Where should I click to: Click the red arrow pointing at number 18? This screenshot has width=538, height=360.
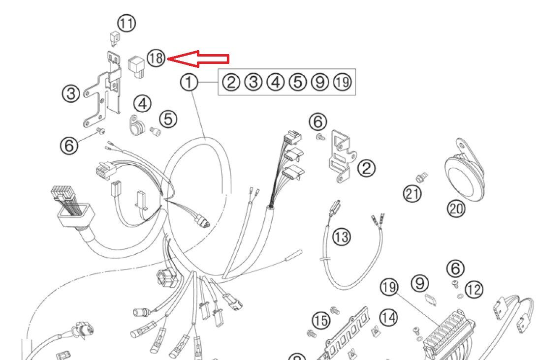click(x=199, y=59)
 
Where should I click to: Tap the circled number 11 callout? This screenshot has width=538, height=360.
click(x=127, y=24)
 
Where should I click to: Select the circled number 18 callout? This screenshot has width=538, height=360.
click(x=156, y=59)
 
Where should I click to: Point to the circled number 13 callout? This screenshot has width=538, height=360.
click(x=342, y=237)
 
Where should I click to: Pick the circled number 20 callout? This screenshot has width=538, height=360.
click(x=455, y=209)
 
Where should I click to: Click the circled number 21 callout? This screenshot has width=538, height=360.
click(x=412, y=193)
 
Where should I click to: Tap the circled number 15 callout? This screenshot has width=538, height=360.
click(x=321, y=321)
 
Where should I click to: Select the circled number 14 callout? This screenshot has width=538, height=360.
click(x=389, y=318)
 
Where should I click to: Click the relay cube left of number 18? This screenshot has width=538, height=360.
click(x=135, y=66)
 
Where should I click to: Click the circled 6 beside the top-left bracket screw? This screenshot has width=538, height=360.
click(x=69, y=145)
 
